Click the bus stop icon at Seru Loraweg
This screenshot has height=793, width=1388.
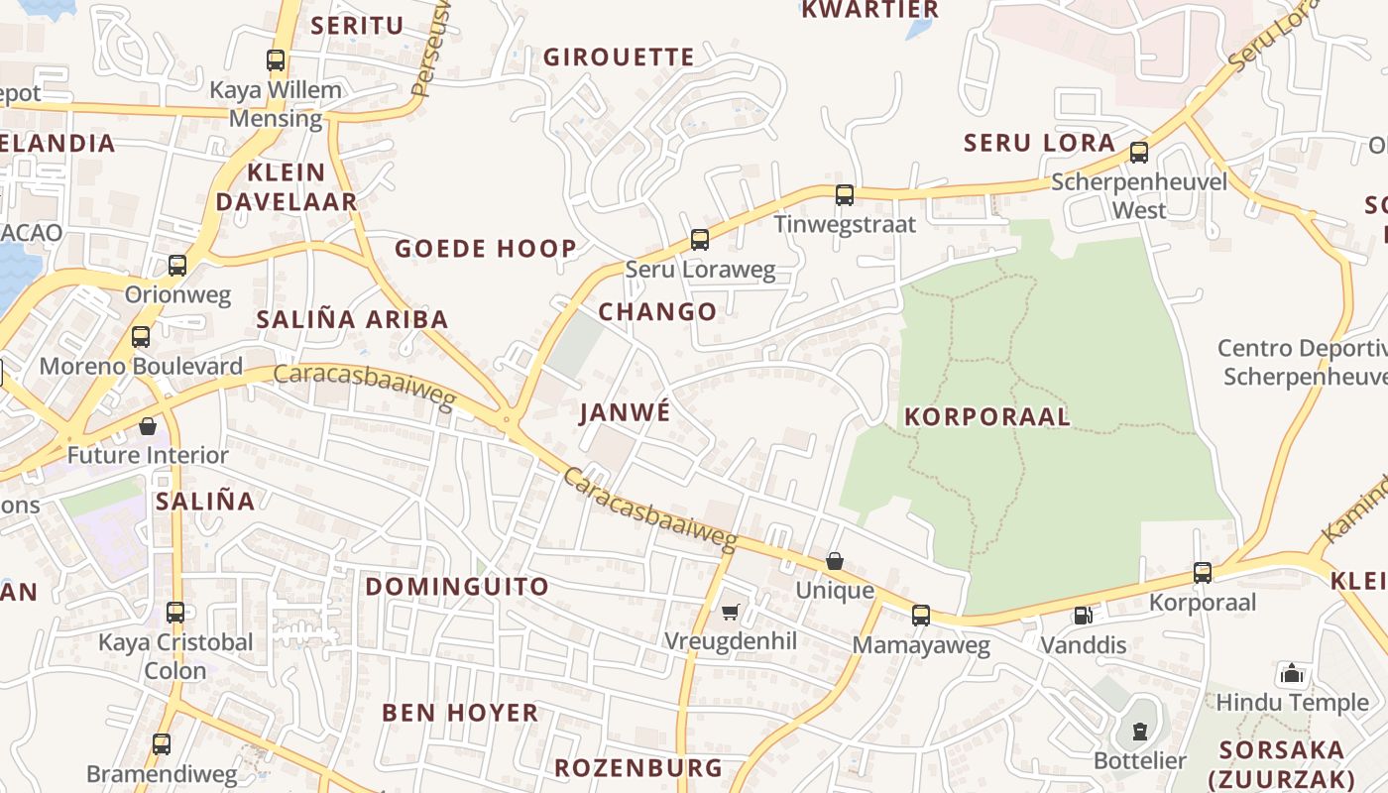[x=700, y=239]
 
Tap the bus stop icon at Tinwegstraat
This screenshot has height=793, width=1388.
[x=845, y=194]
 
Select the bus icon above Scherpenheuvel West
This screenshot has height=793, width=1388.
[x=1139, y=153]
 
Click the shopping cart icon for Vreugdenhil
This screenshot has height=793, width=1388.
[x=731, y=613]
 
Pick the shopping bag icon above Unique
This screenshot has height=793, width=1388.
[x=835, y=562]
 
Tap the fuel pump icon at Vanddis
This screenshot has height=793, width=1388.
[x=1083, y=616]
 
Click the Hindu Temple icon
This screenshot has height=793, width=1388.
[x=1292, y=674]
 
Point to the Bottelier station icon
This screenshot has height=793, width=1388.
[x=1140, y=732]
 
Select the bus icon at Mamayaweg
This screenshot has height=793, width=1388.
[x=921, y=616]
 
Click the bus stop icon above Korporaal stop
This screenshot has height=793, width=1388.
[x=1203, y=572]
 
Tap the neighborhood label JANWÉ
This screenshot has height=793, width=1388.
[x=626, y=412]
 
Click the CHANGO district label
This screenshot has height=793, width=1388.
[x=657, y=311]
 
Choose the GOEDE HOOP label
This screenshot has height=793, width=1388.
[x=486, y=249]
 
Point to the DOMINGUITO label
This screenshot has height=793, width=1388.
[x=457, y=587]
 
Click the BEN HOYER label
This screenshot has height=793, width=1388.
[x=461, y=713]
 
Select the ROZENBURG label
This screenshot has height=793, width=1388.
[x=638, y=768]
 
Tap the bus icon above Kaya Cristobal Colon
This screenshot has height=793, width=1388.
[x=175, y=613]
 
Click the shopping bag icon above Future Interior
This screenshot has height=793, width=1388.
[x=148, y=426]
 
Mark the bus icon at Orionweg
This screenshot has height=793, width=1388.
[x=177, y=266]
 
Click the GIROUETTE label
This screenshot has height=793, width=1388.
[x=619, y=57]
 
